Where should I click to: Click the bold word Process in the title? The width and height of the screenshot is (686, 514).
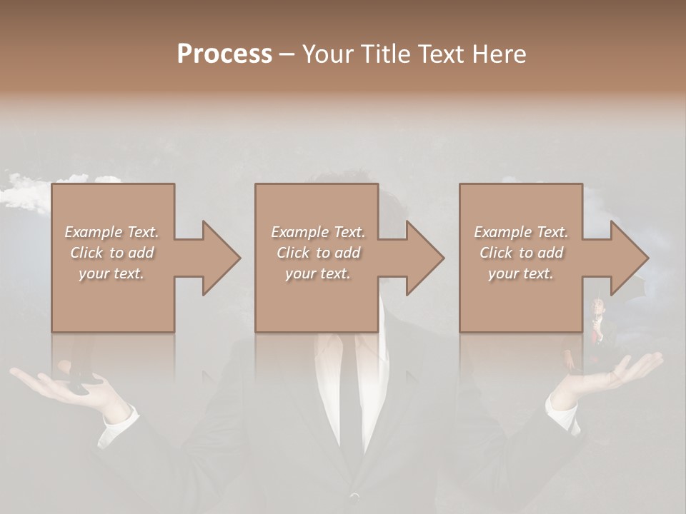[x=224, y=54]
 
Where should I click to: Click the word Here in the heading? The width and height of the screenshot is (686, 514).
[x=501, y=54]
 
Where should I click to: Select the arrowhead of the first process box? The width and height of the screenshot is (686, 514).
[x=218, y=258]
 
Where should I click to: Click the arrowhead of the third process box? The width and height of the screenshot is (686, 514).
[x=627, y=258]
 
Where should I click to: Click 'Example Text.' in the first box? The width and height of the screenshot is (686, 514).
[x=111, y=232]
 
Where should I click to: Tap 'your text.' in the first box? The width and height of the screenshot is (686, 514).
[x=111, y=273]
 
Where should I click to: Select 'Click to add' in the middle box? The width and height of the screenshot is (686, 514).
[x=318, y=253]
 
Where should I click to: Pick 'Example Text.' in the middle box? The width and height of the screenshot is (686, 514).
[x=318, y=232]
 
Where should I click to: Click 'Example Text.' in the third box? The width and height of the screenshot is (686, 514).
[x=521, y=232]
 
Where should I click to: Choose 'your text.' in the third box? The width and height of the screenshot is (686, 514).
[x=521, y=273]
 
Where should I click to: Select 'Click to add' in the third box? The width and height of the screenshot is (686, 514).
[x=521, y=253]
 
